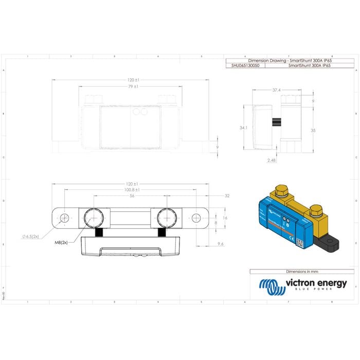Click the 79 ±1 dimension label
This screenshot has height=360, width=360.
pyautogui.click(x=133, y=86)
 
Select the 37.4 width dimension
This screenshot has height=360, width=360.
pyautogui.click(x=276, y=90)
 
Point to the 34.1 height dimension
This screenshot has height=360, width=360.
pyautogui.click(x=244, y=128)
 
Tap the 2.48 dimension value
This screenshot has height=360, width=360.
pyautogui.click(x=272, y=160)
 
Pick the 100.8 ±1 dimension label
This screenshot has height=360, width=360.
pyautogui.click(x=133, y=190)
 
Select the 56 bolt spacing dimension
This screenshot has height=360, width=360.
pyautogui.click(x=132, y=196)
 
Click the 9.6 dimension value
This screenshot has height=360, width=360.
pyautogui.click(x=221, y=243)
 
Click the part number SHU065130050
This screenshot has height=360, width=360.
pyautogui.click(x=245, y=66)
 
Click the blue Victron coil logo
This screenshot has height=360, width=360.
pyautogui.click(x=271, y=286)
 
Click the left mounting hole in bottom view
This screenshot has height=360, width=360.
pyautogui.click(x=64, y=219)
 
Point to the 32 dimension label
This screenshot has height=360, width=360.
pyautogui.click(x=227, y=196)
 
